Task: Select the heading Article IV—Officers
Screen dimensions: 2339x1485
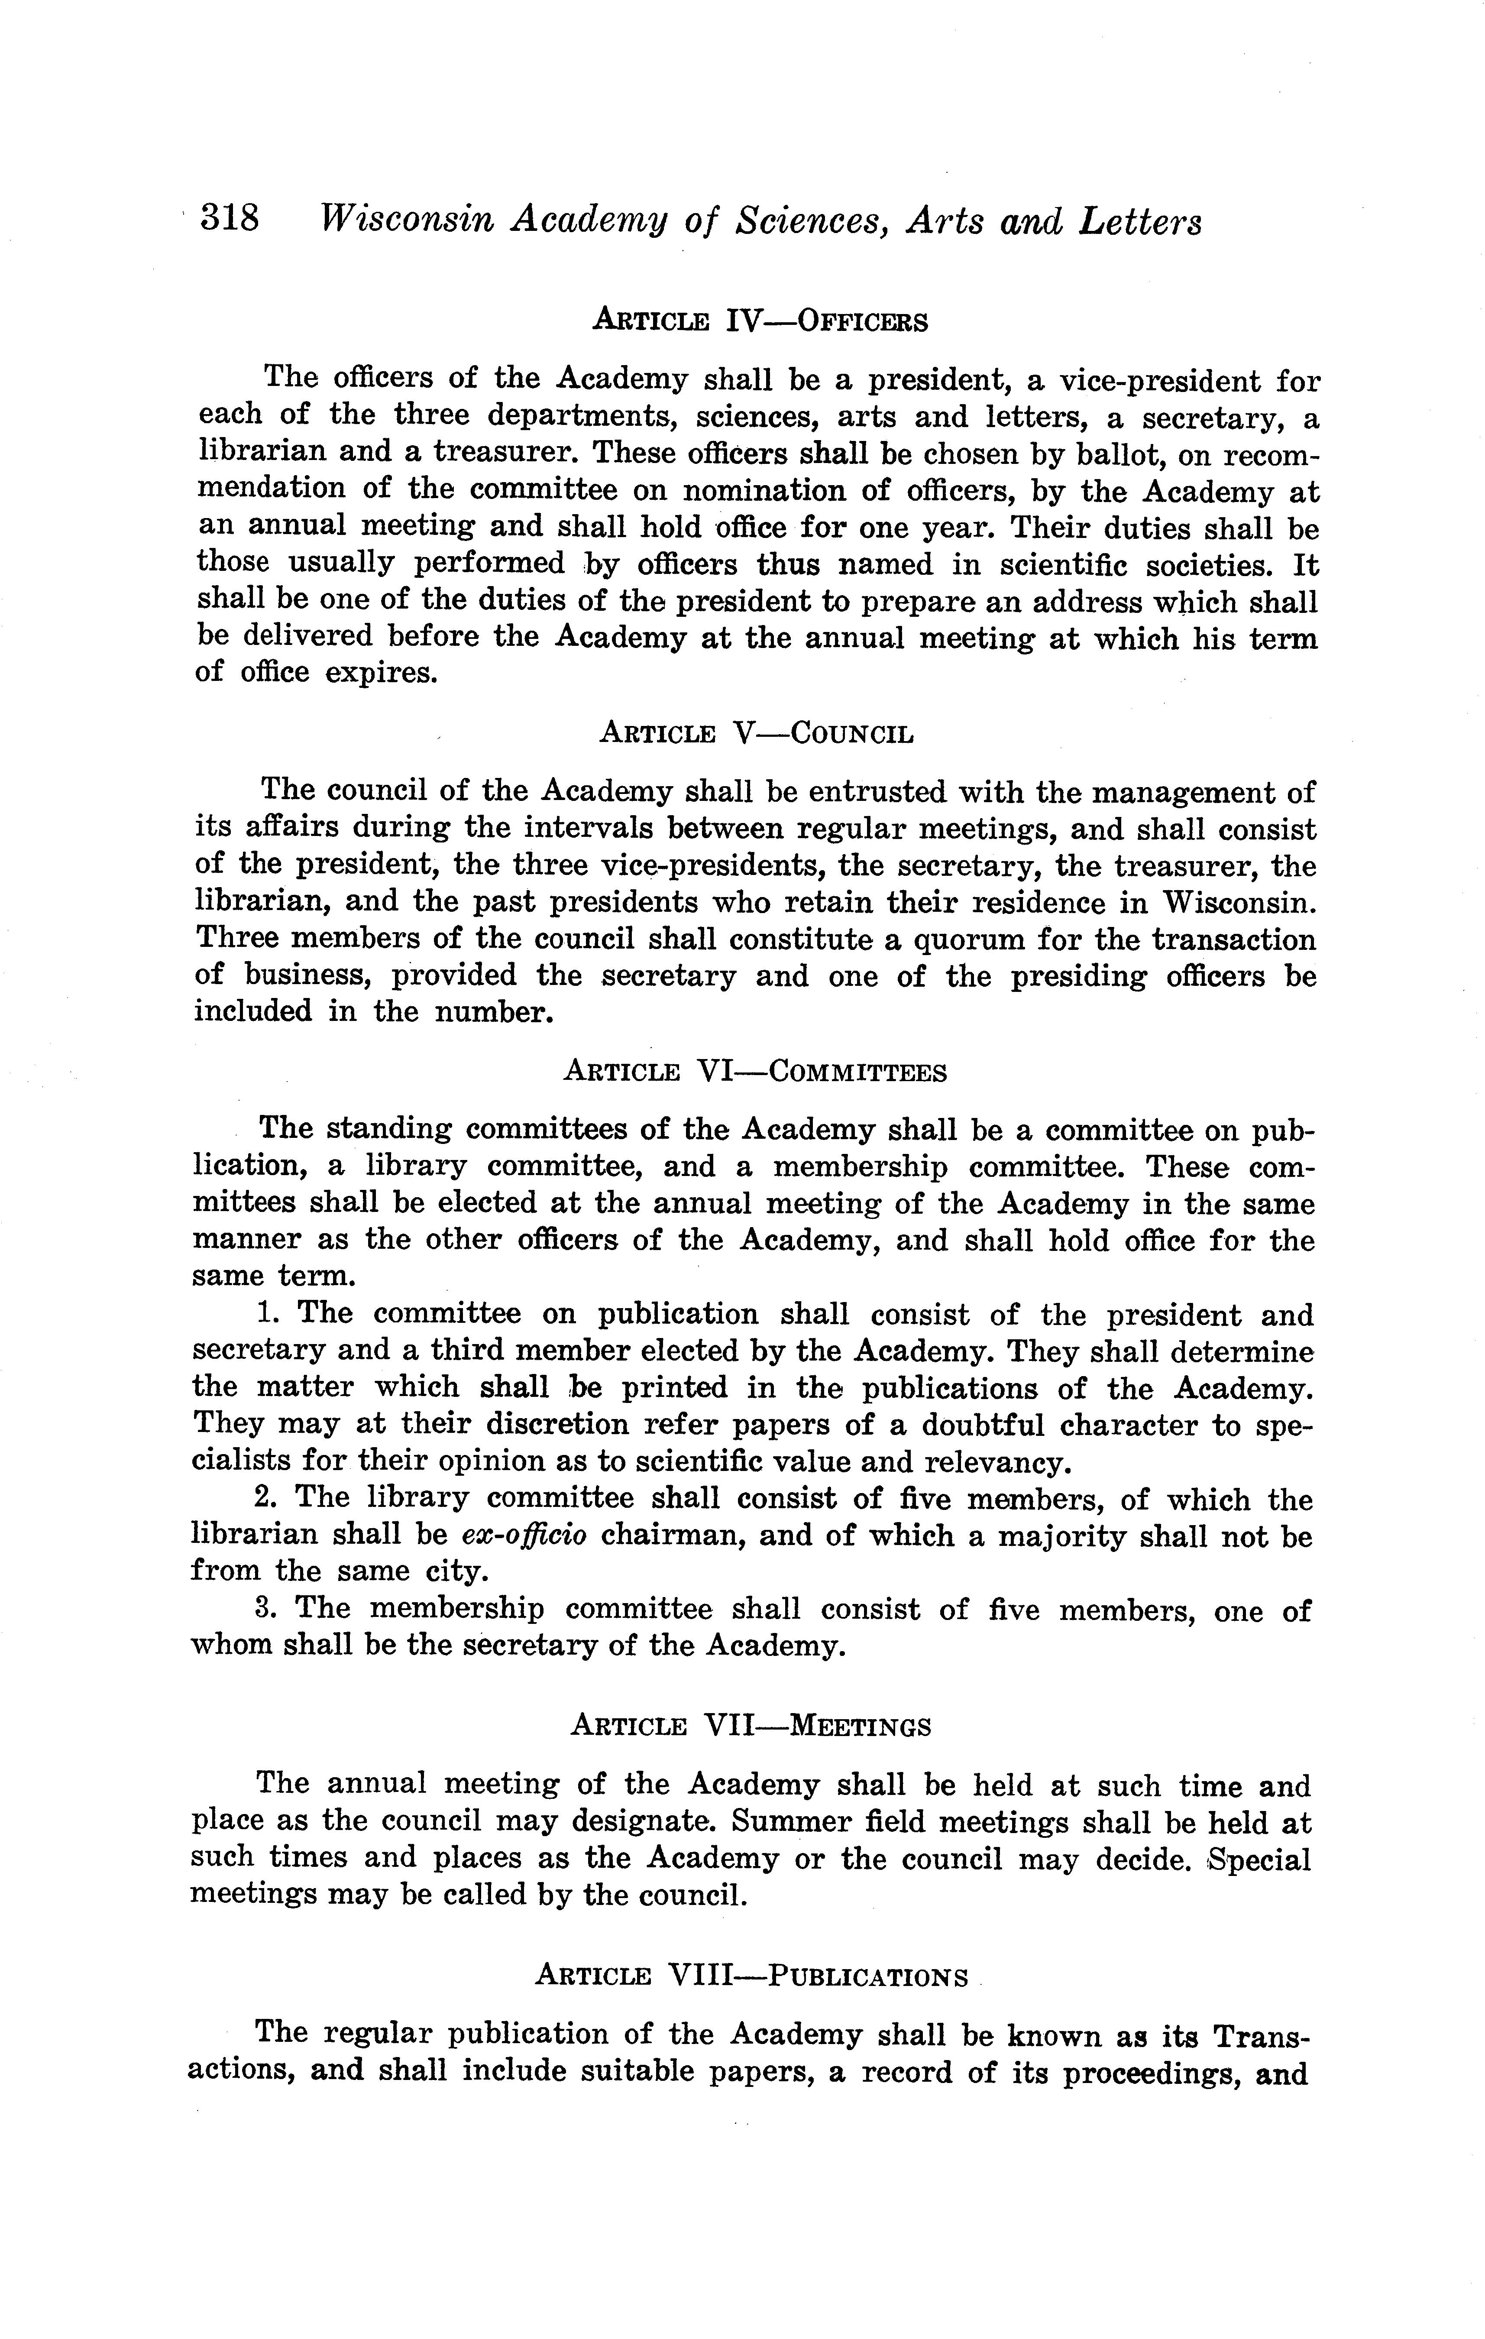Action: [x=760, y=320]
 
